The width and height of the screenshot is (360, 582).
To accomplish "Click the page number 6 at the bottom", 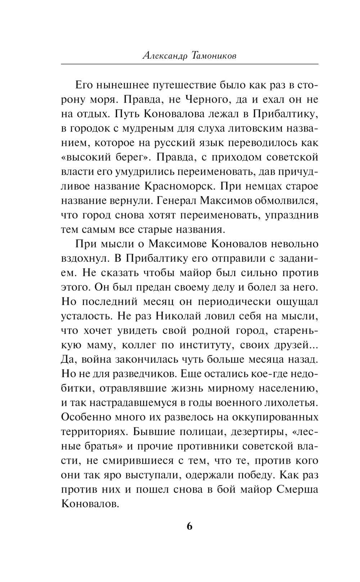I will [x=190, y=526].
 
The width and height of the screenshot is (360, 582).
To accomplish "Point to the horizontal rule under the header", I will [x=190, y=64].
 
